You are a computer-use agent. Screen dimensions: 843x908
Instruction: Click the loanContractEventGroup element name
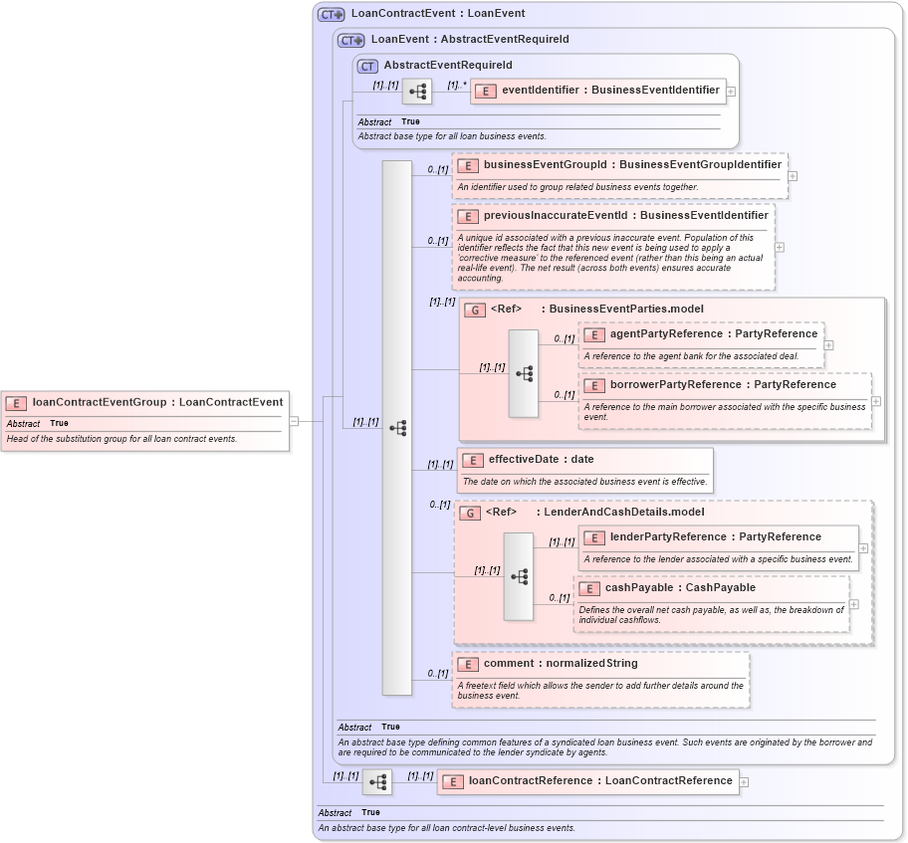(x=157, y=402)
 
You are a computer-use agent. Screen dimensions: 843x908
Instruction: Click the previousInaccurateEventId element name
(x=625, y=215)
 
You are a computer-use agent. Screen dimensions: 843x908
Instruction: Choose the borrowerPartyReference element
(x=723, y=384)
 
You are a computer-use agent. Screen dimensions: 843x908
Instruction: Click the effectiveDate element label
(x=541, y=460)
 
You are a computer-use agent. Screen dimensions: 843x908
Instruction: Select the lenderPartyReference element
(x=715, y=537)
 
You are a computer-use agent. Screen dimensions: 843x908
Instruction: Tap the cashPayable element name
(x=680, y=587)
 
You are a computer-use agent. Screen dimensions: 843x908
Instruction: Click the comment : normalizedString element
(x=560, y=664)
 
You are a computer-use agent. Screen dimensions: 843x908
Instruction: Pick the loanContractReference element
(x=600, y=781)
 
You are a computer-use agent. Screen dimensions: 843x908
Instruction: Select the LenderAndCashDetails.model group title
(x=623, y=512)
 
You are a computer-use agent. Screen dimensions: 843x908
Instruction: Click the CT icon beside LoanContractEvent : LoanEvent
(x=332, y=14)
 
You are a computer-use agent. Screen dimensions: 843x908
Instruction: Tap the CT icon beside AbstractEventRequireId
(x=367, y=66)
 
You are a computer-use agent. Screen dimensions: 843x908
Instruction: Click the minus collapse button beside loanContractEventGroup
(x=294, y=421)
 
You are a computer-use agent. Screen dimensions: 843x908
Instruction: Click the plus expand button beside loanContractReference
(x=744, y=782)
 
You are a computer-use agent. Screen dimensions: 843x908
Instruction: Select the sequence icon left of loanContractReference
(x=377, y=782)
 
